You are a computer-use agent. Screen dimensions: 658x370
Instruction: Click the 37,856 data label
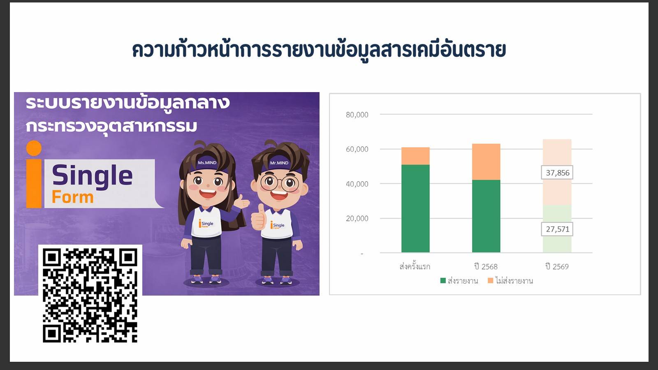point(557,173)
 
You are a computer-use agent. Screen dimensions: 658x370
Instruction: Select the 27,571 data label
point(557,229)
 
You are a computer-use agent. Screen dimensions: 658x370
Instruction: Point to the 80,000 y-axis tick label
point(357,115)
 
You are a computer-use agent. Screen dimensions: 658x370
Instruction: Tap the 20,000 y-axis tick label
point(357,218)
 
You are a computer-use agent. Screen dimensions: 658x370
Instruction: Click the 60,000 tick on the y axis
point(357,149)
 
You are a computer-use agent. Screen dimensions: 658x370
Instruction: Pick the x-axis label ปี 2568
point(486,266)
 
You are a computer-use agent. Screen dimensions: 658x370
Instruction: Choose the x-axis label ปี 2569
point(557,266)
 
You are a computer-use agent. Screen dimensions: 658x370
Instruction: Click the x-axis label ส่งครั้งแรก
point(415,266)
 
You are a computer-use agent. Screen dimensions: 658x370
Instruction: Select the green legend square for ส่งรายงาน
point(443,280)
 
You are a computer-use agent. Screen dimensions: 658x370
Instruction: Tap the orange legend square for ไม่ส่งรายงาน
point(490,280)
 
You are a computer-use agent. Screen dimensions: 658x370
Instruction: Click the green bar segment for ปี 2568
point(486,216)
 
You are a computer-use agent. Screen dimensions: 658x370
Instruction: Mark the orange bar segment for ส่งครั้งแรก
point(415,156)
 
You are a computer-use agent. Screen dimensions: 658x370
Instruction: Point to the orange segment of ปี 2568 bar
point(486,162)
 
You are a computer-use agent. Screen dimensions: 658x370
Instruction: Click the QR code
point(90,295)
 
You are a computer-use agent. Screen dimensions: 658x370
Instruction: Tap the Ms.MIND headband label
point(207,163)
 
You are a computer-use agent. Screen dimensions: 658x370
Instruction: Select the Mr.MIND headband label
point(279,163)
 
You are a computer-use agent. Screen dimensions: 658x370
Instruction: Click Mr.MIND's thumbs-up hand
point(259,218)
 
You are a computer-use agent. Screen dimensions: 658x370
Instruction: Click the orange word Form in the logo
point(72,197)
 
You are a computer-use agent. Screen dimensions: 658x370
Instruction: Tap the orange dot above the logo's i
point(34,148)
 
